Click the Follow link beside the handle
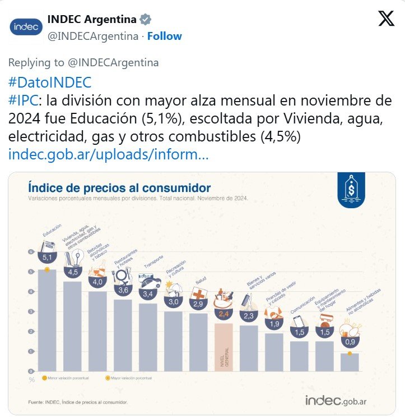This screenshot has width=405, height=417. pyautogui.click(x=164, y=36)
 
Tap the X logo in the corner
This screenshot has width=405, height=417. pyautogui.click(x=386, y=19)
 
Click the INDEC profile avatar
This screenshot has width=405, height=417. pyautogui.click(x=26, y=26)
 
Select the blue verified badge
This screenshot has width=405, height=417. pyautogui.click(x=145, y=20)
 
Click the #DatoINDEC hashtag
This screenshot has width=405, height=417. pyautogui.click(x=50, y=83)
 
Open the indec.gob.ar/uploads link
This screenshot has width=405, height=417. pyautogui.click(x=109, y=154)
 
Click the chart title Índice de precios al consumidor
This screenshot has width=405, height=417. pyautogui.click(x=119, y=187)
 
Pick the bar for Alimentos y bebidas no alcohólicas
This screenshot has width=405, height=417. pyautogui.click(x=350, y=362)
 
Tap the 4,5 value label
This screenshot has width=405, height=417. pyautogui.click(x=73, y=272)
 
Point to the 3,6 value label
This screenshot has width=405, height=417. pyautogui.click(x=123, y=290)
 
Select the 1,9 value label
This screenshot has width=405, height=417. pyautogui.click(x=274, y=324)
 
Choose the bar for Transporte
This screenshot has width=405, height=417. pyautogui.click(x=148, y=337)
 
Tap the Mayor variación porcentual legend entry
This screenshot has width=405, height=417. pyautogui.click(x=131, y=378)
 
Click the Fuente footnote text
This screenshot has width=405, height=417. pyautogui.click(x=78, y=402)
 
